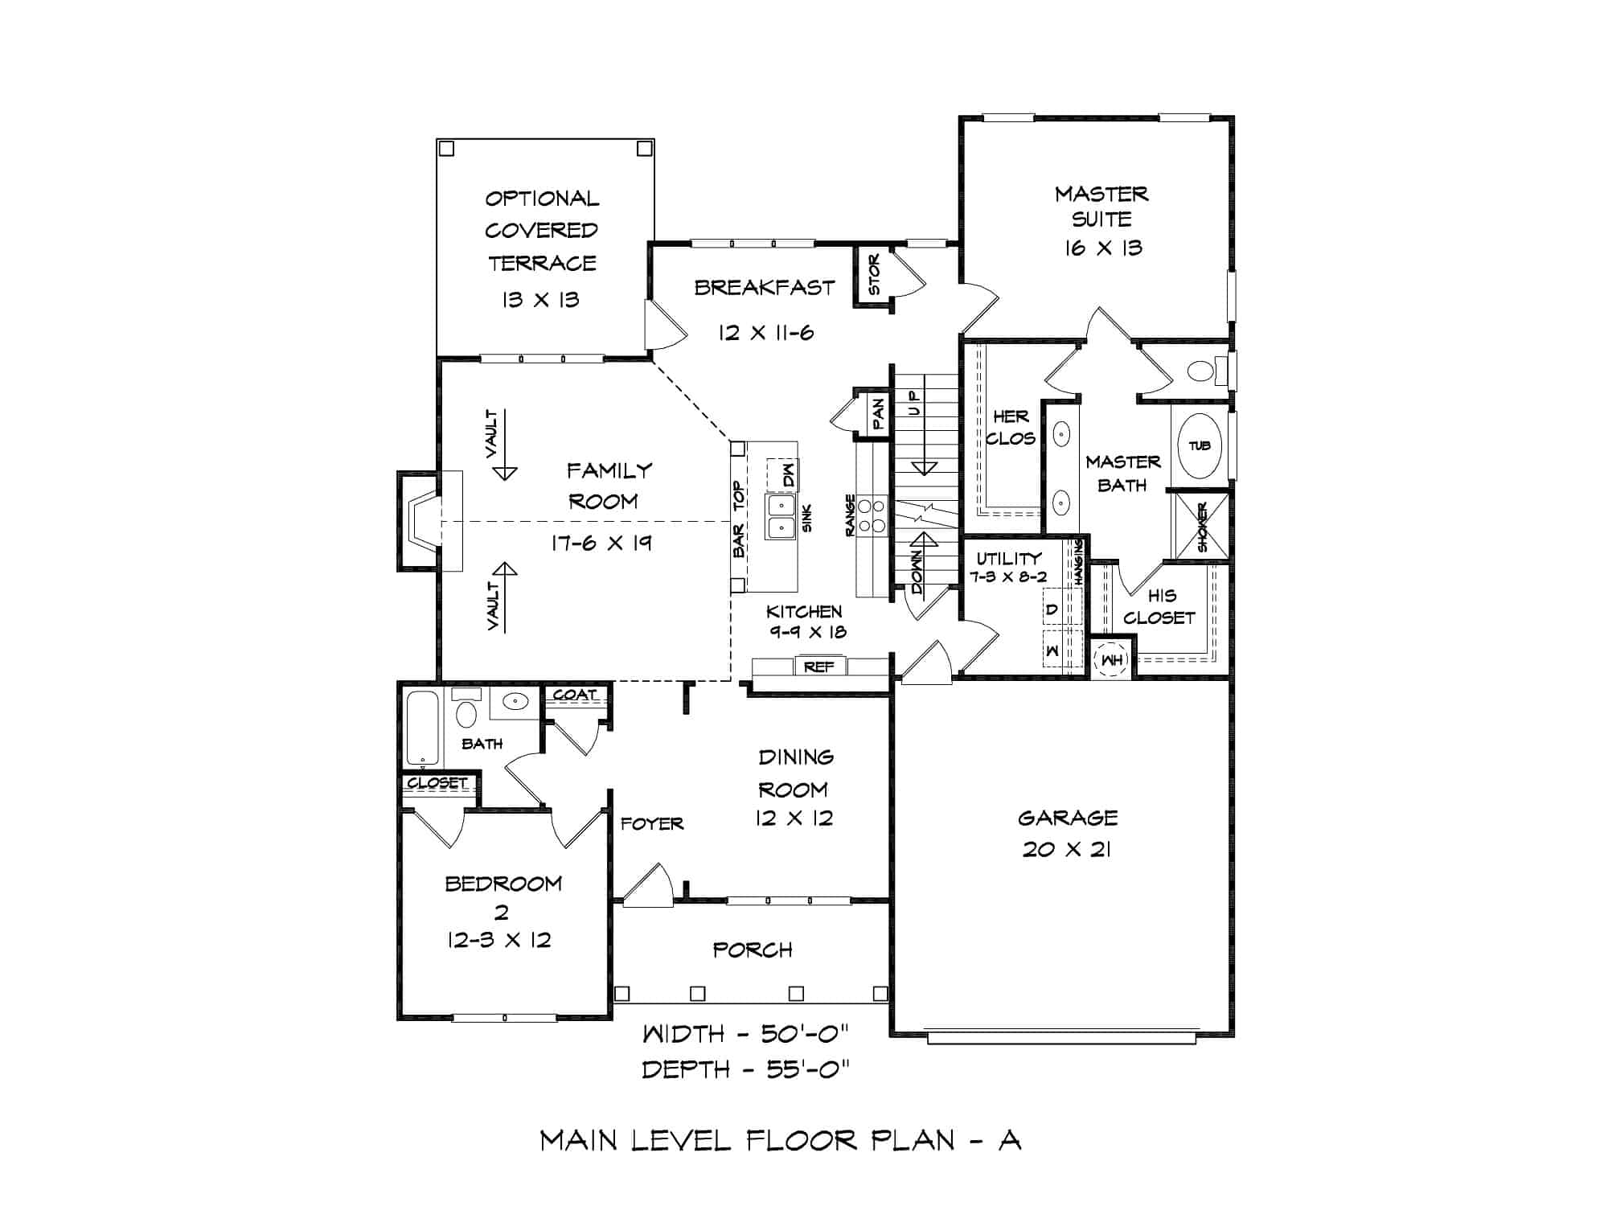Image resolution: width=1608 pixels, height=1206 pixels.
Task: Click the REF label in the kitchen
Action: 818,667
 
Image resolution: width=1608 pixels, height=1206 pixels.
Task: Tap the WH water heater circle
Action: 1112,660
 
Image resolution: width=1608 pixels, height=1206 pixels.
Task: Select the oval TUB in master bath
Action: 1200,445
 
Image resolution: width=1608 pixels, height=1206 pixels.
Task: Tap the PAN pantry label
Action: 879,413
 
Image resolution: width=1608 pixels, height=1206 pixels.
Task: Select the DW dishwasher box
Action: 782,474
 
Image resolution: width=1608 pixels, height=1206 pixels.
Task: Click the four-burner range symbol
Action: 872,515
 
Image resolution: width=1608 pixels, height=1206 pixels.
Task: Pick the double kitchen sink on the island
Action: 780,517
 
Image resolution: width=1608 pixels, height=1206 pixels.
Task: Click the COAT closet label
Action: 574,694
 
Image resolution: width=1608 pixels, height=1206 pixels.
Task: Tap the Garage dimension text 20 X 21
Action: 1067,849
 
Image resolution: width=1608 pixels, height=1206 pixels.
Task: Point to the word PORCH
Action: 753,950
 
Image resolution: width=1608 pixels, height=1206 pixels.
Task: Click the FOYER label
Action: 652,823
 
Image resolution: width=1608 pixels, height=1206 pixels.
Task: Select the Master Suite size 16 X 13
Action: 1103,248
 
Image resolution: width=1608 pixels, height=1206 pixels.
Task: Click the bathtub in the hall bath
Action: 422,728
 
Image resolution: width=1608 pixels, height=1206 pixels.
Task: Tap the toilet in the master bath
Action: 1201,371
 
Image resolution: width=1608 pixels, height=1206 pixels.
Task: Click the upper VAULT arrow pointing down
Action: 504,470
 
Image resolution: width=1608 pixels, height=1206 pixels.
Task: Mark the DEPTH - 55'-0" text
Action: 745,1069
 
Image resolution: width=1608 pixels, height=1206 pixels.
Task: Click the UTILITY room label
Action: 1009,557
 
